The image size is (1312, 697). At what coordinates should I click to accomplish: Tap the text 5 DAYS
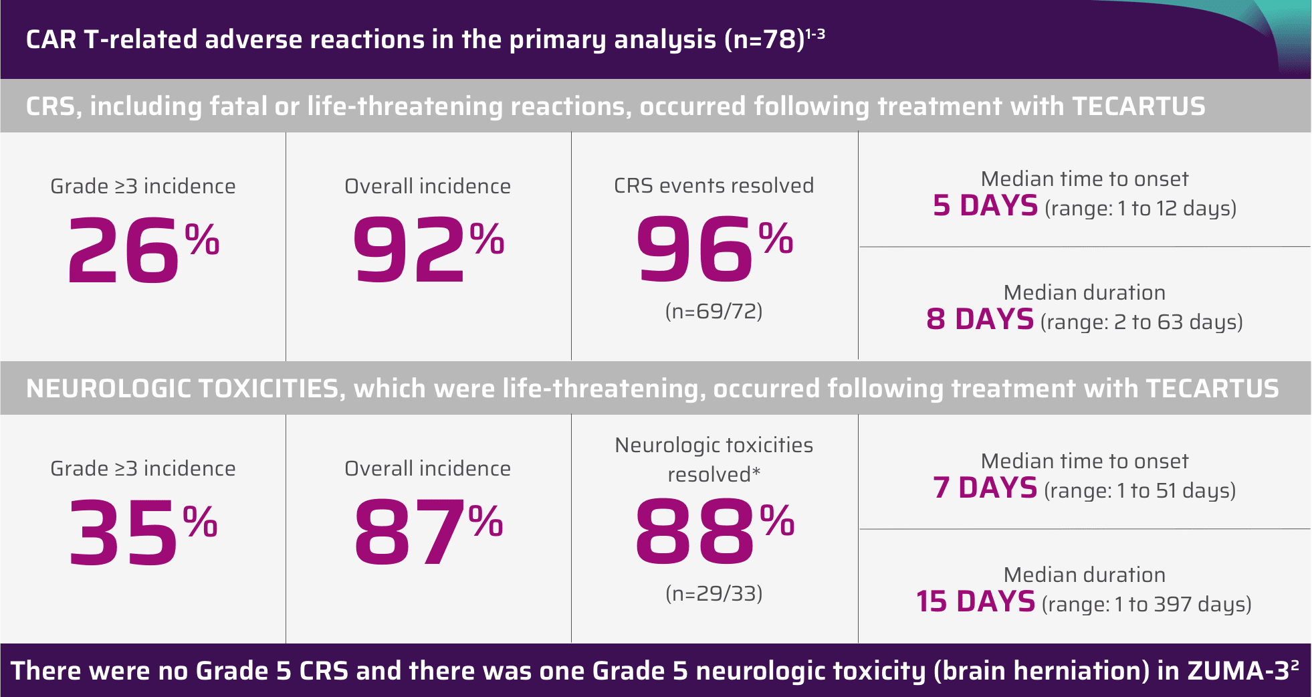click(x=985, y=205)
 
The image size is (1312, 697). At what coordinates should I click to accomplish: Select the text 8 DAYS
click(x=980, y=319)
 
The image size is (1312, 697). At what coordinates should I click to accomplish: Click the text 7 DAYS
click(x=985, y=488)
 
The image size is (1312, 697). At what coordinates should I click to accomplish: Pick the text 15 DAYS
click(x=976, y=601)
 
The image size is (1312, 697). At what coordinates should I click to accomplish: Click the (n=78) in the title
click(x=764, y=40)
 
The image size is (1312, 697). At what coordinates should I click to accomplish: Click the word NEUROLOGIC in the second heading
click(x=108, y=389)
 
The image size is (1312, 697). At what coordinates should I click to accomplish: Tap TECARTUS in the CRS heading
click(x=1138, y=107)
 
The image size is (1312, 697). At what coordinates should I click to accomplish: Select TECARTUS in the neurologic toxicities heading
click(x=1212, y=389)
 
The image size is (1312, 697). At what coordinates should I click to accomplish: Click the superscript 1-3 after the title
click(x=815, y=33)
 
